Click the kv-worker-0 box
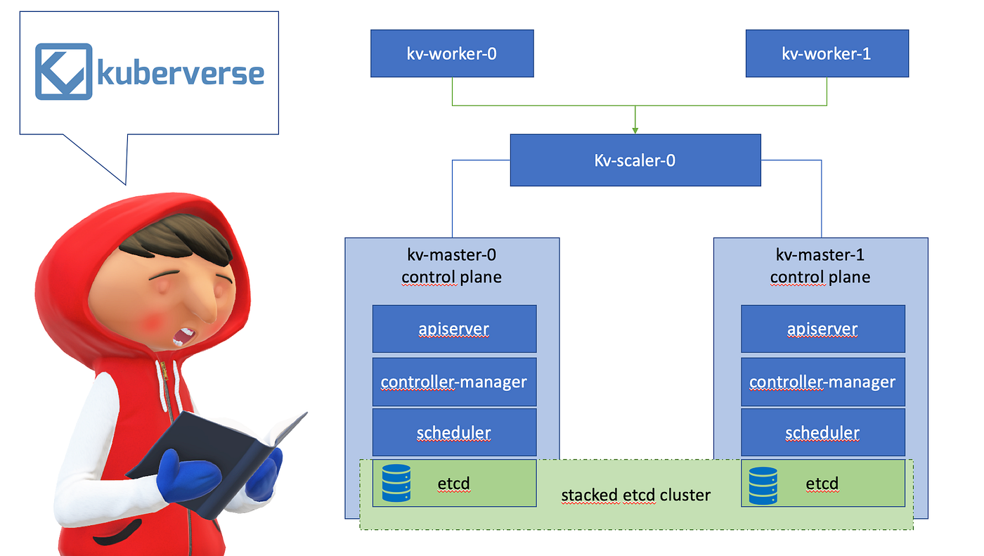452,53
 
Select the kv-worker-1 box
827,53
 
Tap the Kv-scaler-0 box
635,160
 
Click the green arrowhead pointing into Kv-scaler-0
635,129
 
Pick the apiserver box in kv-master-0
454,329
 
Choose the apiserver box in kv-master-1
823,329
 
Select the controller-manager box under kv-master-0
454,382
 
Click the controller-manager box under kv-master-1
823,382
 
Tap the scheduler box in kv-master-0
454,432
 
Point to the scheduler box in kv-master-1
823,432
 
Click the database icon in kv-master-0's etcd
396,484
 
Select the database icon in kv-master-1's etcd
763,485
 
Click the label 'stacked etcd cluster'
635,495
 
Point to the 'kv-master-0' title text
452,255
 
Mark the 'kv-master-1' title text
820,255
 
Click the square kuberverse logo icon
64,71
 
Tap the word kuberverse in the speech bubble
181,73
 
